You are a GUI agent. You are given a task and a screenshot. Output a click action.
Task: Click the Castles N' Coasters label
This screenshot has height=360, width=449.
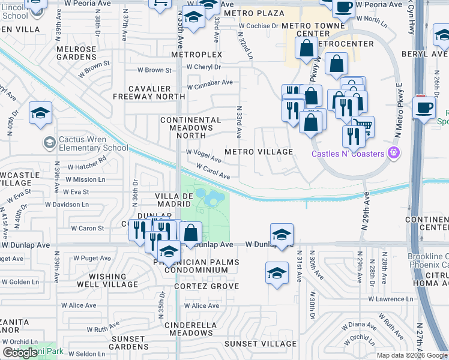tap(348, 154)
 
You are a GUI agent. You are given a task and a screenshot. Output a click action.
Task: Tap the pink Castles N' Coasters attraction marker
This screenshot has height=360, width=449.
tap(394, 154)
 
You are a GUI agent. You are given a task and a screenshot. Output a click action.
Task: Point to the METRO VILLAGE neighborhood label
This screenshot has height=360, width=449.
tap(259, 152)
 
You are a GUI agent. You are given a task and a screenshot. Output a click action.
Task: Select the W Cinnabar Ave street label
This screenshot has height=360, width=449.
tap(209, 82)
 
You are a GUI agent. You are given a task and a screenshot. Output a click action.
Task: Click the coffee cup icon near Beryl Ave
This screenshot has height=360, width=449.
tap(424, 108)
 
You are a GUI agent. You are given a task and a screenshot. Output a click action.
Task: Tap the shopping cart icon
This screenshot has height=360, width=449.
tap(362, 126)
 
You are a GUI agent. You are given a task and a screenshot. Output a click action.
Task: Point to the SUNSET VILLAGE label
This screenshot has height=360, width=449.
tap(260, 344)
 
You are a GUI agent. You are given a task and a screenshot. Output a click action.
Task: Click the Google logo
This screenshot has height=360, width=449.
tap(20, 352)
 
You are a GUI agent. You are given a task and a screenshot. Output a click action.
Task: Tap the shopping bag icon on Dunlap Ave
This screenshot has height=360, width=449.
tap(190, 233)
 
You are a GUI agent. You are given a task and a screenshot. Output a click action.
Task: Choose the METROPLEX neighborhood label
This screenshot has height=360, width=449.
tap(196, 55)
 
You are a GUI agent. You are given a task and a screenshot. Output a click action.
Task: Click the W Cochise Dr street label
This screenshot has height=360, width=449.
tap(259, 26)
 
